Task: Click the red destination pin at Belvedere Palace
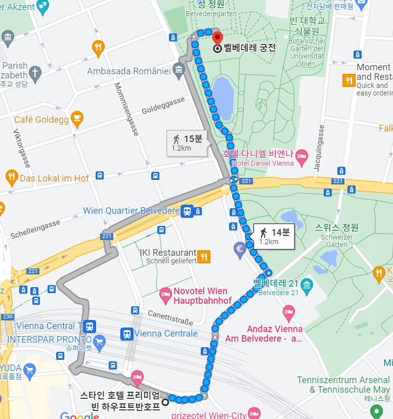tap(217, 38)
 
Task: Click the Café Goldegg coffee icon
tap(77, 119)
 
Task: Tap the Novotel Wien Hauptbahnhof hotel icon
tap(165, 293)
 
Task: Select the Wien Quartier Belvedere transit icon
tap(188, 211)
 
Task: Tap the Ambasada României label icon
tap(178, 71)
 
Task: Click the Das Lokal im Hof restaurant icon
tap(11, 177)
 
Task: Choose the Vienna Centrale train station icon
tap(126, 334)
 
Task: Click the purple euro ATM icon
tap(240, 248)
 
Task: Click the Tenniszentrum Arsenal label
tap(343, 380)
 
